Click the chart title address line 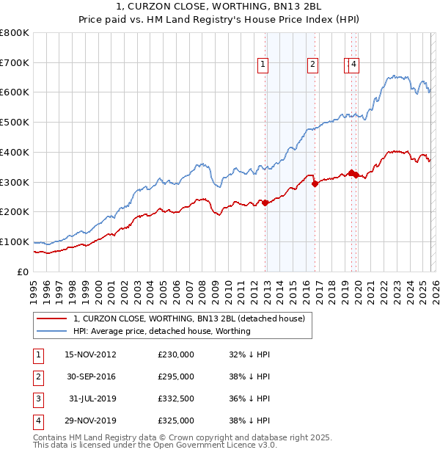point(219,7)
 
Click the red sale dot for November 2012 point(265,203)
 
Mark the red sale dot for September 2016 point(315,183)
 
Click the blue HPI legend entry point(162,331)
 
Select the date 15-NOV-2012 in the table point(90,354)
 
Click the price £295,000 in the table point(176,376)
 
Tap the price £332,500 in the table point(176,398)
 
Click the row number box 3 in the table point(37,398)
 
